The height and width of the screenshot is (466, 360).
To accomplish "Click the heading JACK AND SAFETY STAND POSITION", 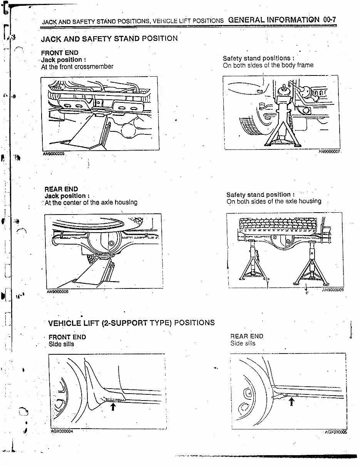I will [109, 39].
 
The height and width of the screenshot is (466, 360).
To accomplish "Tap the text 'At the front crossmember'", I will [77, 67].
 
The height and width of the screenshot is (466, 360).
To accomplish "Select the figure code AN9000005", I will [54, 153].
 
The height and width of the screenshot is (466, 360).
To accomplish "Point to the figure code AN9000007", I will [330, 152].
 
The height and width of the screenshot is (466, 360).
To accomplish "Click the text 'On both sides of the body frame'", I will [268, 65].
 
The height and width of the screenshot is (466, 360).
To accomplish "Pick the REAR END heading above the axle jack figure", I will [61, 189].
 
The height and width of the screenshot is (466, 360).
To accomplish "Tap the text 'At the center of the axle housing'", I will [91, 203].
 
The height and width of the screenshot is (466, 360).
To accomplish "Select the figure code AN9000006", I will [57, 292].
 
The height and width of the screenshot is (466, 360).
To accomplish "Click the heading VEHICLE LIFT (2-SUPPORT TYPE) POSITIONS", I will [131, 323].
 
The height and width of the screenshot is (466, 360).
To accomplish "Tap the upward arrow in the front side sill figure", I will [113, 406].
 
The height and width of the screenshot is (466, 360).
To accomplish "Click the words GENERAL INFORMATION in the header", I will [274, 20].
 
